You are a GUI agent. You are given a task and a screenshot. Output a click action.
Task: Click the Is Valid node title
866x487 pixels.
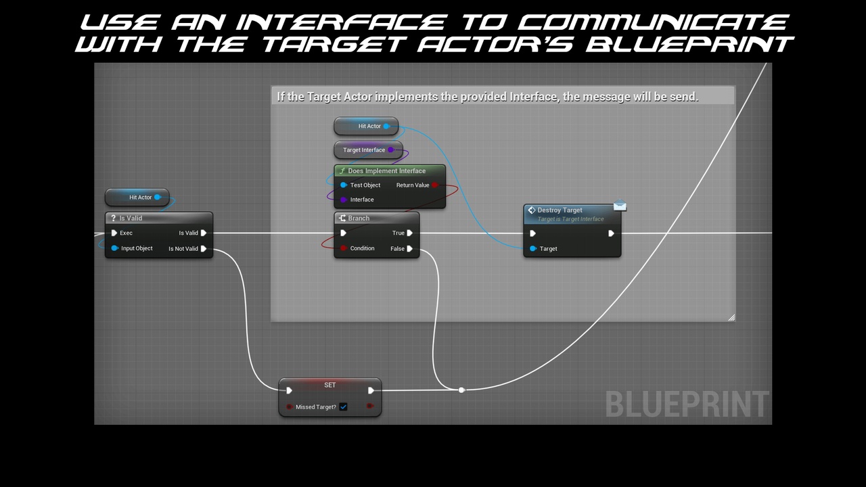click(x=131, y=218)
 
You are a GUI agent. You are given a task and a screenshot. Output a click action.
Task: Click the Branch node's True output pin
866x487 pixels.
click(x=410, y=233)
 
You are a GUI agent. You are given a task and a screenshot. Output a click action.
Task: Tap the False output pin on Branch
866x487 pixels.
click(x=410, y=249)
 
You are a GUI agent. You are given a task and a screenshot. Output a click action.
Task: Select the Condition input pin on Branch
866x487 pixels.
click(x=344, y=248)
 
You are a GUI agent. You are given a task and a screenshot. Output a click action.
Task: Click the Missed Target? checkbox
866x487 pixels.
click(x=344, y=407)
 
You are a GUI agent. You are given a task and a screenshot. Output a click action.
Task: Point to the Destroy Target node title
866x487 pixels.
click(x=560, y=210)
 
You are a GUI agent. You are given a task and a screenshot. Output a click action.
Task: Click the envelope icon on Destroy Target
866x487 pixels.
click(x=620, y=206)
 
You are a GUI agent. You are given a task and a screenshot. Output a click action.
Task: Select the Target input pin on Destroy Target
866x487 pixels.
click(x=533, y=249)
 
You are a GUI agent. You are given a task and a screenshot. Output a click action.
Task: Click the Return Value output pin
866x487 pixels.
click(x=435, y=185)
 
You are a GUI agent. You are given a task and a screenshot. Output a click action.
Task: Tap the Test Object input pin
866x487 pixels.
click(x=344, y=185)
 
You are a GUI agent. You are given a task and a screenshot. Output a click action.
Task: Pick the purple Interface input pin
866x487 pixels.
click(x=344, y=200)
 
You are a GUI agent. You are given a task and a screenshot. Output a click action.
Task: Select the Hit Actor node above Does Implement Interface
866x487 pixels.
click(x=366, y=126)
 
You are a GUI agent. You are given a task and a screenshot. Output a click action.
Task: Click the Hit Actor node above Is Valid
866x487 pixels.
click(x=137, y=198)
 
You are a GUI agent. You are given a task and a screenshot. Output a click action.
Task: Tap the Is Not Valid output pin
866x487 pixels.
click(x=204, y=249)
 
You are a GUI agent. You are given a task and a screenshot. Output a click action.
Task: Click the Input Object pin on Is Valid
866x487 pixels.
click(x=115, y=248)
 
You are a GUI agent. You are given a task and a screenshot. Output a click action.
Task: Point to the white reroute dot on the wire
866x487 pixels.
click(x=461, y=390)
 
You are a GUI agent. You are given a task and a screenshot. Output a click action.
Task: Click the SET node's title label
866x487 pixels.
click(x=330, y=385)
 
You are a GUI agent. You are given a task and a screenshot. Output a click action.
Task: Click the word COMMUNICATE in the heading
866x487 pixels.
click(x=654, y=22)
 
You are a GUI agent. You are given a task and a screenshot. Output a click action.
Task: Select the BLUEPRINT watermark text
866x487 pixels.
click(x=687, y=404)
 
